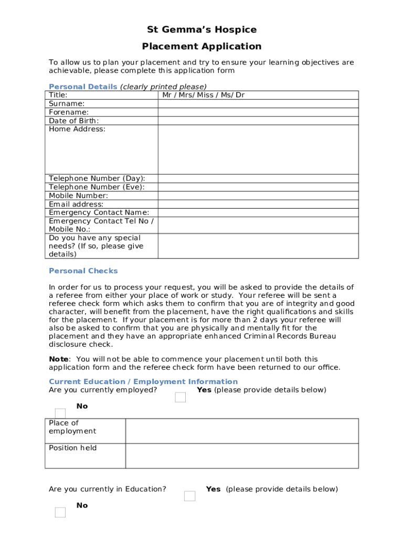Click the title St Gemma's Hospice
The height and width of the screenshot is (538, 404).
(201, 29)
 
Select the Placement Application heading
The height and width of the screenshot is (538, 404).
(201, 47)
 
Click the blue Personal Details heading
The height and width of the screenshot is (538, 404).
(82, 87)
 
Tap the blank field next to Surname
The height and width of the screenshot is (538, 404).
(258, 104)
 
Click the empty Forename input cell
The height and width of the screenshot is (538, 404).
(258, 112)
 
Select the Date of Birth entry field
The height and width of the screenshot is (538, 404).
(258, 120)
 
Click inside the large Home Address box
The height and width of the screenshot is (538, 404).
(258, 149)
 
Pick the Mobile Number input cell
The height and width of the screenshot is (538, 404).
(258, 195)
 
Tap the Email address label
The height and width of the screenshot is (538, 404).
(76, 204)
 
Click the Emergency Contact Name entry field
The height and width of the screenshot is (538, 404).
(258, 212)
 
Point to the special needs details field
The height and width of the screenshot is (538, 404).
(258, 246)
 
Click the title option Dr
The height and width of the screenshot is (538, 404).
(240, 95)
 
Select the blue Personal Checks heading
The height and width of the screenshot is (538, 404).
(83, 271)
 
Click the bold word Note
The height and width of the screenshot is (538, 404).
(58, 359)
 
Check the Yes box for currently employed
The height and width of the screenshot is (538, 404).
(180, 397)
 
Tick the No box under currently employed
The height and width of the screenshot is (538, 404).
(60, 413)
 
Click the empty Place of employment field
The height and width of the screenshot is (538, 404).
(242, 431)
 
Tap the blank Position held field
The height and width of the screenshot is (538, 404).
(242, 456)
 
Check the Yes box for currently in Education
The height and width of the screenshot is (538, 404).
(189, 496)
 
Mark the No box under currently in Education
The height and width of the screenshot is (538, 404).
(60, 512)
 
